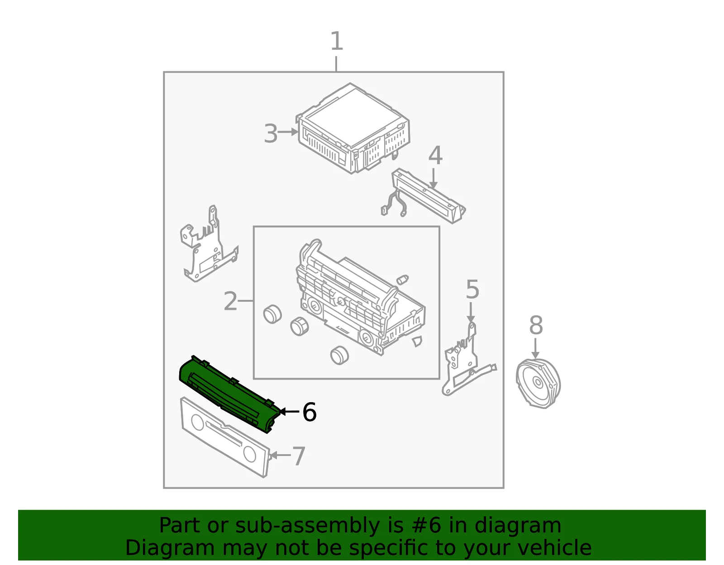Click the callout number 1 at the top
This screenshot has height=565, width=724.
click(x=337, y=41)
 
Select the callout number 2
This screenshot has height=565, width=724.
click(x=231, y=301)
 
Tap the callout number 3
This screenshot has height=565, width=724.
click(x=271, y=133)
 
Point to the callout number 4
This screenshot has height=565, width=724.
click(x=435, y=155)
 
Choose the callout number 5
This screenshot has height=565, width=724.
click(x=472, y=289)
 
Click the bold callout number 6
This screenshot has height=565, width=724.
click(x=309, y=412)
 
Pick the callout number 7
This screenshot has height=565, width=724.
click(x=299, y=456)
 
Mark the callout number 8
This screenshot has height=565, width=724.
click(x=536, y=325)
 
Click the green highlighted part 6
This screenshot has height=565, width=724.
click(x=230, y=394)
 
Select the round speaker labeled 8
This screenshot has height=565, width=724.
click(x=538, y=383)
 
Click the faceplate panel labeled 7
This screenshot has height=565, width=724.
click(x=225, y=437)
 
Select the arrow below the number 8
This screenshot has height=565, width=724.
click(x=535, y=348)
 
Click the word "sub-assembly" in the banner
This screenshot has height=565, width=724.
click(x=308, y=525)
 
